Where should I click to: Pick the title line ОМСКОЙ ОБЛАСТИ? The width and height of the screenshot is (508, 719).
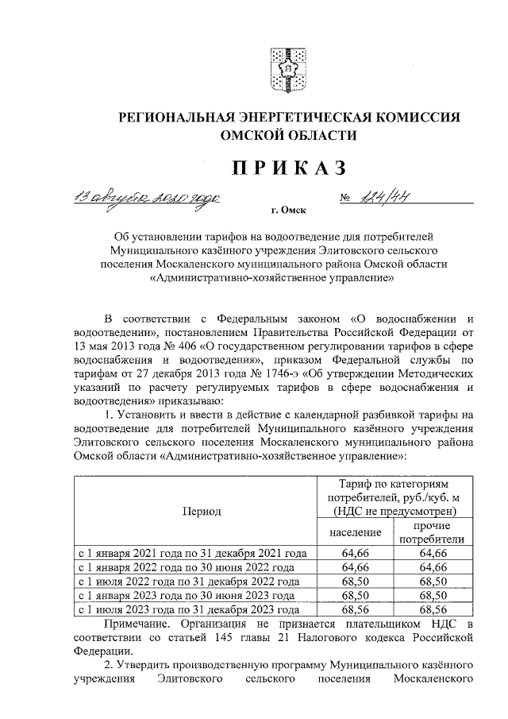click(x=289, y=136)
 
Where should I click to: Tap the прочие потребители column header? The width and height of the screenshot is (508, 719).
click(x=433, y=533)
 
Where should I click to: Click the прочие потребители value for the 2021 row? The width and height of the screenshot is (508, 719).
click(x=433, y=553)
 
